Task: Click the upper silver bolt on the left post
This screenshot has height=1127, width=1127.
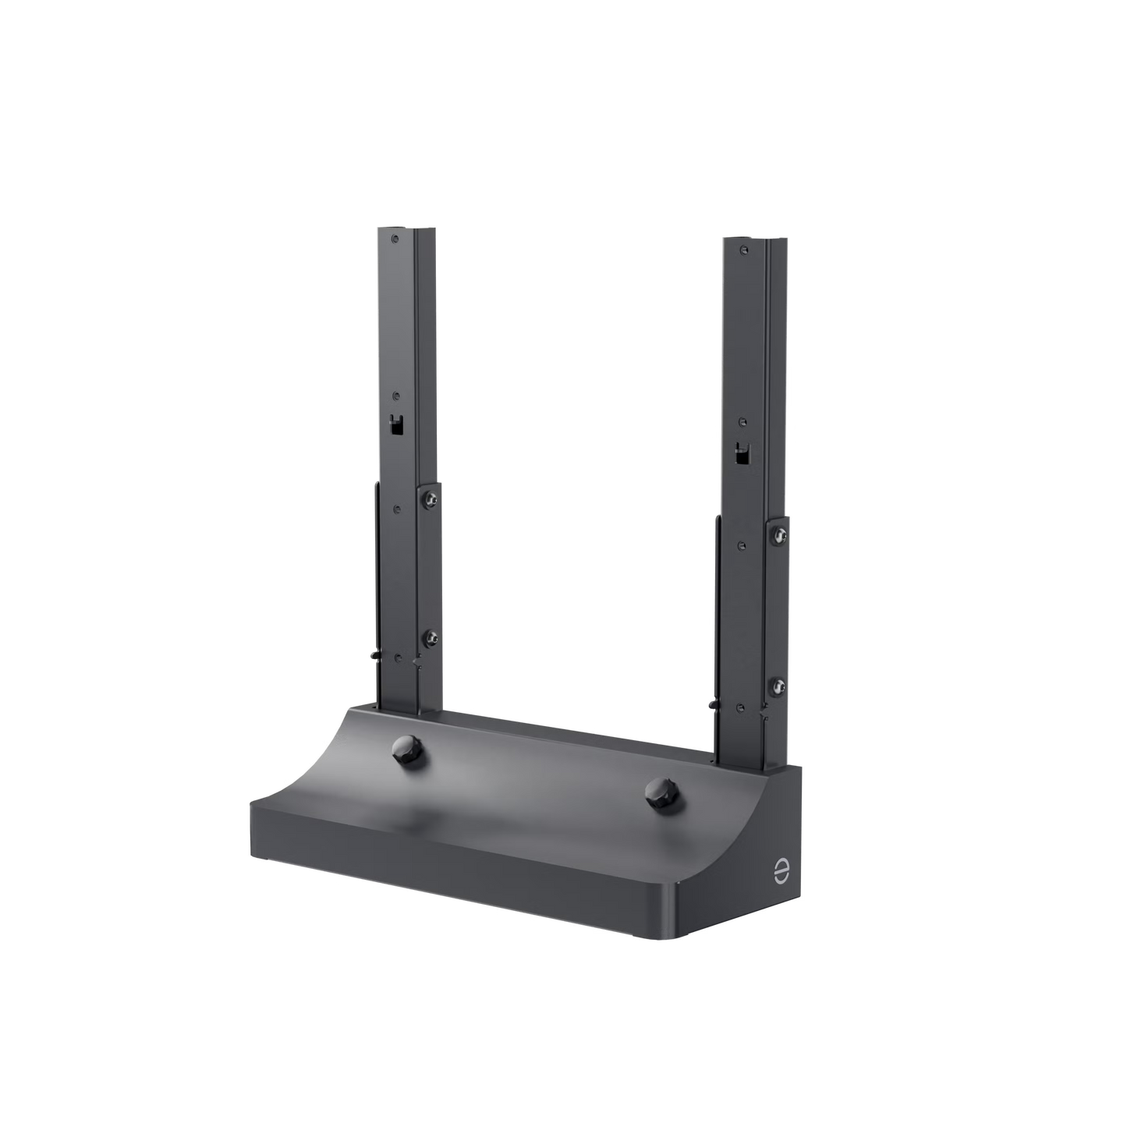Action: point(430,498)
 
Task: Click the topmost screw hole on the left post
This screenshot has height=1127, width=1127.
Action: point(397,236)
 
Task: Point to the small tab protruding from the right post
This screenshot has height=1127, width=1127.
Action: point(711,704)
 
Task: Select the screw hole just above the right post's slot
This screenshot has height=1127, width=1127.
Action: point(742,422)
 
